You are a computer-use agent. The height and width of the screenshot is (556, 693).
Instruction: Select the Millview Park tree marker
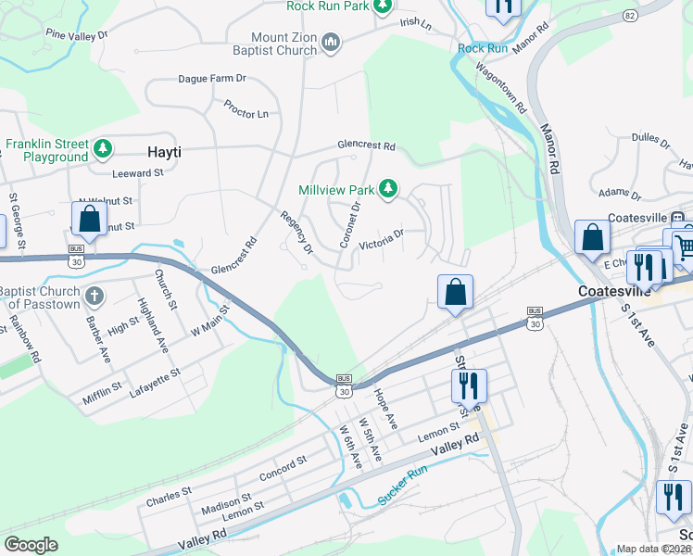(x=389, y=190)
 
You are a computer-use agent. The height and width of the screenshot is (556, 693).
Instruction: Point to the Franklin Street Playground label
(x=46, y=150)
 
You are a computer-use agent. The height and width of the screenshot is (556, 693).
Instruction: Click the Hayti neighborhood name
(x=164, y=151)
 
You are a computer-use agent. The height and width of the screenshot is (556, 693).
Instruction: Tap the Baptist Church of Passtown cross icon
(x=93, y=297)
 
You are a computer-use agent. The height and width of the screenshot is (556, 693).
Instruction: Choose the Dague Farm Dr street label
(x=211, y=79)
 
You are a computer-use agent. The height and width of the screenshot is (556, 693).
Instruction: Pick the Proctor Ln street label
(x=246, y=108)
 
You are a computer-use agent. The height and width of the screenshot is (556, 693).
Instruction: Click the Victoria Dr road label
(x=382, y=238)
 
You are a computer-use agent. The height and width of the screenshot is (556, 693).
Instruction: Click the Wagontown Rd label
(x=500, y=89)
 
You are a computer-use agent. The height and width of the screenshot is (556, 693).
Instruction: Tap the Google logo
(x=31, y=545)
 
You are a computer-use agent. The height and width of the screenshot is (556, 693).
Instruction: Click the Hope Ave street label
(x=385, y=408)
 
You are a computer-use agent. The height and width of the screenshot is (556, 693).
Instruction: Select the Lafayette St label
(x=155, y=380)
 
